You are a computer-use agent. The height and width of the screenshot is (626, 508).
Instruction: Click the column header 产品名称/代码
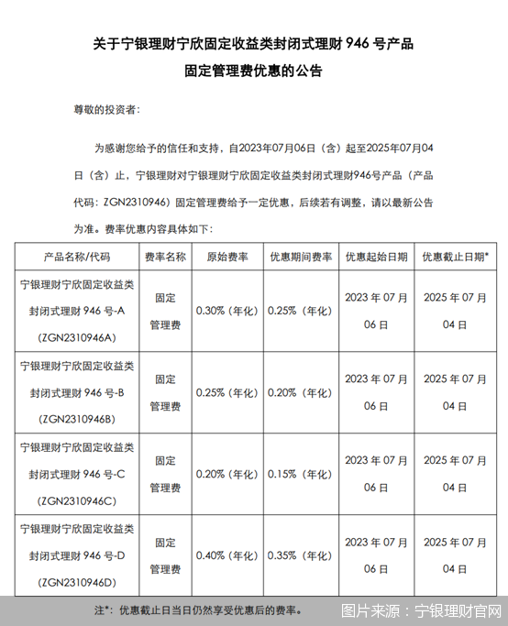(x=76, y=258)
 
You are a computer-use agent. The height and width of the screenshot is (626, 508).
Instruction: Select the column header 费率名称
(x=166, y=258)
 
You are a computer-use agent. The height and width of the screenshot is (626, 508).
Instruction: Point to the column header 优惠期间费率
(x=300, y=258)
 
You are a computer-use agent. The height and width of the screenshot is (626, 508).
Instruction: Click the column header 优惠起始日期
(x=376, y=258)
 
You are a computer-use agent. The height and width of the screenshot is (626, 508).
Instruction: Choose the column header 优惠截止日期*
(x=455, y=258)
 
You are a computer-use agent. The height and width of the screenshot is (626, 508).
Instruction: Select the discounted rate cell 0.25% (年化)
(x=300, y=311)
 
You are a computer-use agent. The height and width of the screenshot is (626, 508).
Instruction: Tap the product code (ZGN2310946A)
(x=76, y=337)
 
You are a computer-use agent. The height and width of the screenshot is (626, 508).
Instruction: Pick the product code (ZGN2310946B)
(x=76, y=420)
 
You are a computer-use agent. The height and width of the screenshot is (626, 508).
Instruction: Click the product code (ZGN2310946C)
(x=76, y=501)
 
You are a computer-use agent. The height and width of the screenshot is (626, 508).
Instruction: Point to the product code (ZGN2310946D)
(x=76, y=582)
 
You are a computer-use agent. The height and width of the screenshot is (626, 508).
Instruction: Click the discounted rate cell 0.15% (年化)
(x=300, y=474)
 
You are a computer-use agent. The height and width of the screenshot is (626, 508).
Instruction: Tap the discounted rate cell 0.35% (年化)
(x=300, y=555)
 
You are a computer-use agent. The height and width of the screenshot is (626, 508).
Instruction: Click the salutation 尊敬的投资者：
(x=106, y=108)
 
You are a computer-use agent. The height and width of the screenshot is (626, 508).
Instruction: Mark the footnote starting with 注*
(x=196, y=609)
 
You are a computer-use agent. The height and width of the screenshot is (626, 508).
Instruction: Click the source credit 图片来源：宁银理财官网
(x=421, y=610)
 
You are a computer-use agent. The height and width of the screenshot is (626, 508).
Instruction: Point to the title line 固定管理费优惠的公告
(x=254, y=70)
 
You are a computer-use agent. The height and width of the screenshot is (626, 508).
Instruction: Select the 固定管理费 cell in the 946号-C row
(x=166, y=474)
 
